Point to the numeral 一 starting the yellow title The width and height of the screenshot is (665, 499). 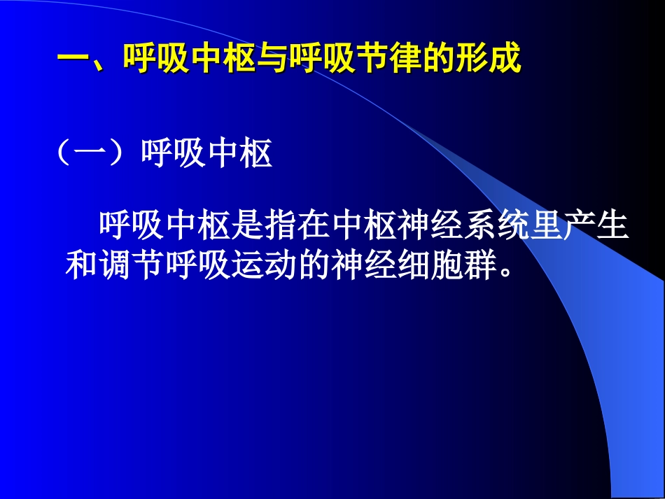72,59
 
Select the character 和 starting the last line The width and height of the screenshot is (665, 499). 82,266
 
